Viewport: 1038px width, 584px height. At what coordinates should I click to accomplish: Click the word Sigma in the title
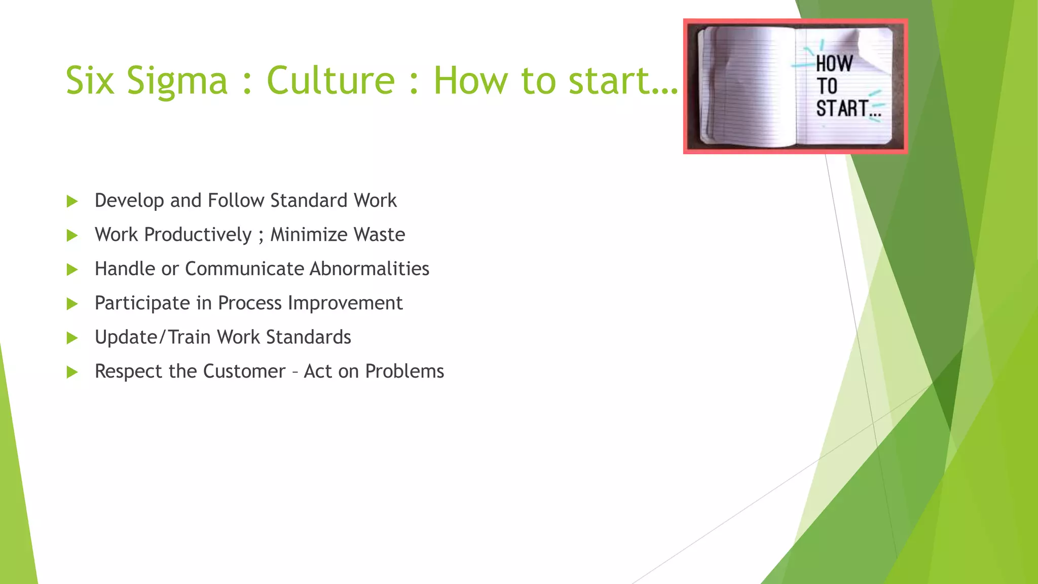177,81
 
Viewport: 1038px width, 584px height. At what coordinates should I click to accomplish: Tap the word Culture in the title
330,80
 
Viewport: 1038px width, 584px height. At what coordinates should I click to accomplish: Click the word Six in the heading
90,80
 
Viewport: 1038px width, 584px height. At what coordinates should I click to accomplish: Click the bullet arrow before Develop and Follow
72,201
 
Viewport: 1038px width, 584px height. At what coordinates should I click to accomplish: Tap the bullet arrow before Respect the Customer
72,372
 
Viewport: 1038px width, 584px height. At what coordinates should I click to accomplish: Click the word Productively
198,235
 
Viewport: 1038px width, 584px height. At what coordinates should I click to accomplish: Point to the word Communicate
244,269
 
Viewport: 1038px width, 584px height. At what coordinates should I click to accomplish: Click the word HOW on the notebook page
834,64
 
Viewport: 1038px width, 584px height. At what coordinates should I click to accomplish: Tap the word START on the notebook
842,108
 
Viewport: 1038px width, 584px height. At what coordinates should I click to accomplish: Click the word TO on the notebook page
827,86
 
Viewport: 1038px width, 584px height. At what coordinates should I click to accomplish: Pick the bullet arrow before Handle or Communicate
72,269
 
